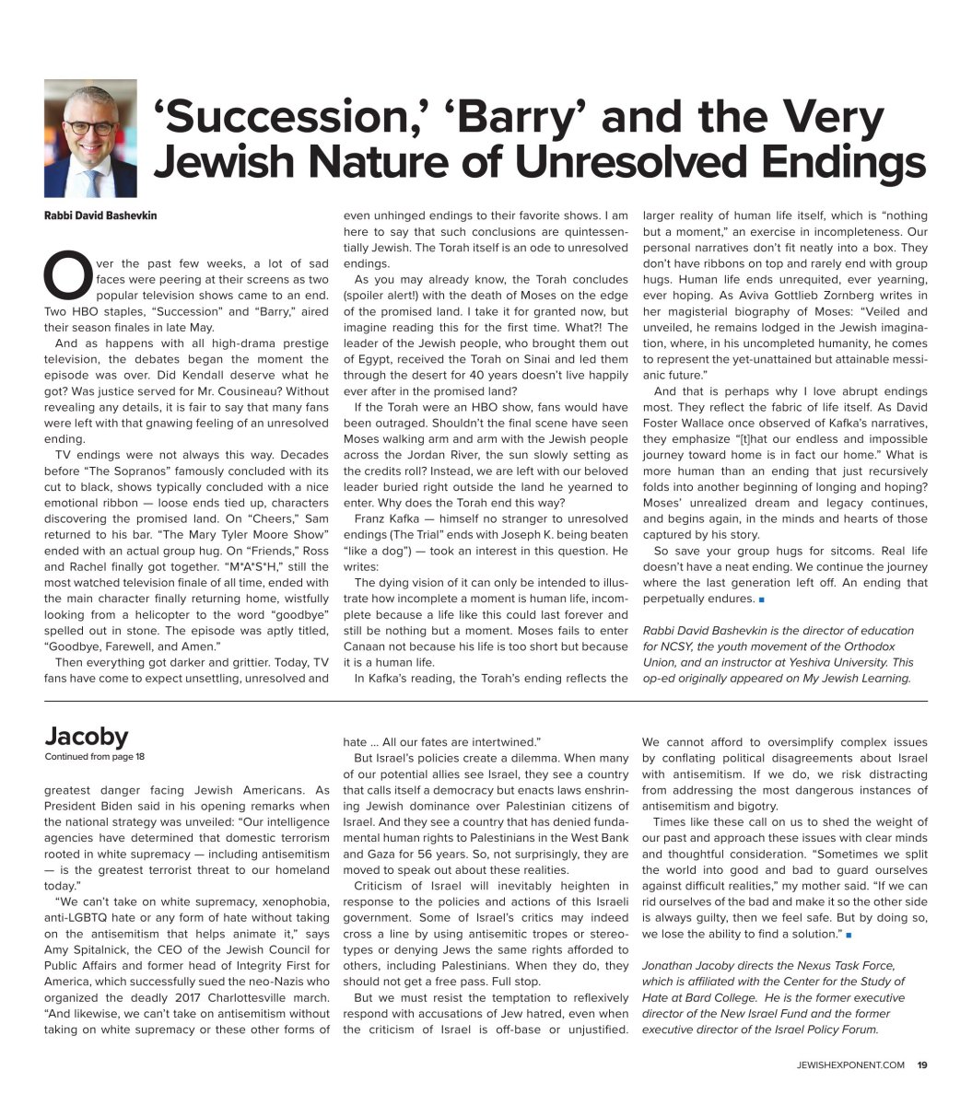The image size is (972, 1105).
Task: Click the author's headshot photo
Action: [90, 138]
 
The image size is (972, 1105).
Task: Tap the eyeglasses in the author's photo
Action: [90, 127]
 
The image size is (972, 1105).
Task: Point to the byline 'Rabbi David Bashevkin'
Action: [100, 215]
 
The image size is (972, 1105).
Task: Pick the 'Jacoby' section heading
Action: [87, 737]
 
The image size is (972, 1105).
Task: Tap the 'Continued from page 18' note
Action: [95, 757]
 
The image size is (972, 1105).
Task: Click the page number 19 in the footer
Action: [921, 1065]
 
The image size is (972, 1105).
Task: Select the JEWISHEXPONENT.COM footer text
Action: [852, 1065]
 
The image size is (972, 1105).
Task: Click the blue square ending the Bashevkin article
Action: [762, 599]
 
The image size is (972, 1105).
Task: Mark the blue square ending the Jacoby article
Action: [848, 935]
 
